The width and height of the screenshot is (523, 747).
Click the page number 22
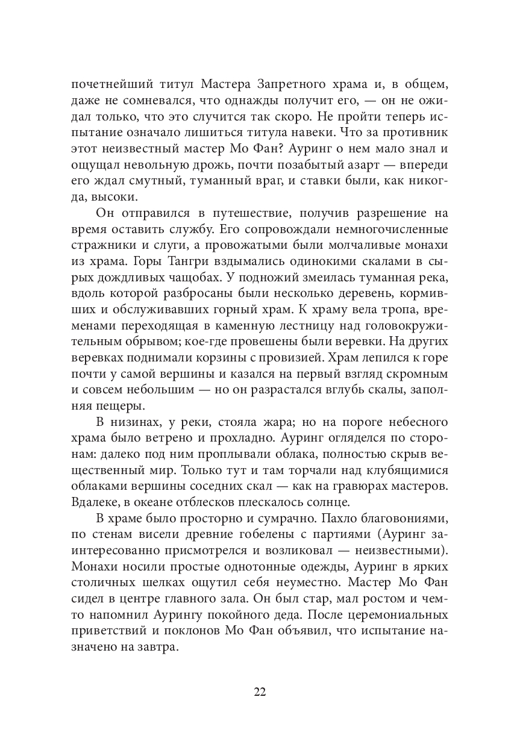pyautogui.click(x=260, y=691)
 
